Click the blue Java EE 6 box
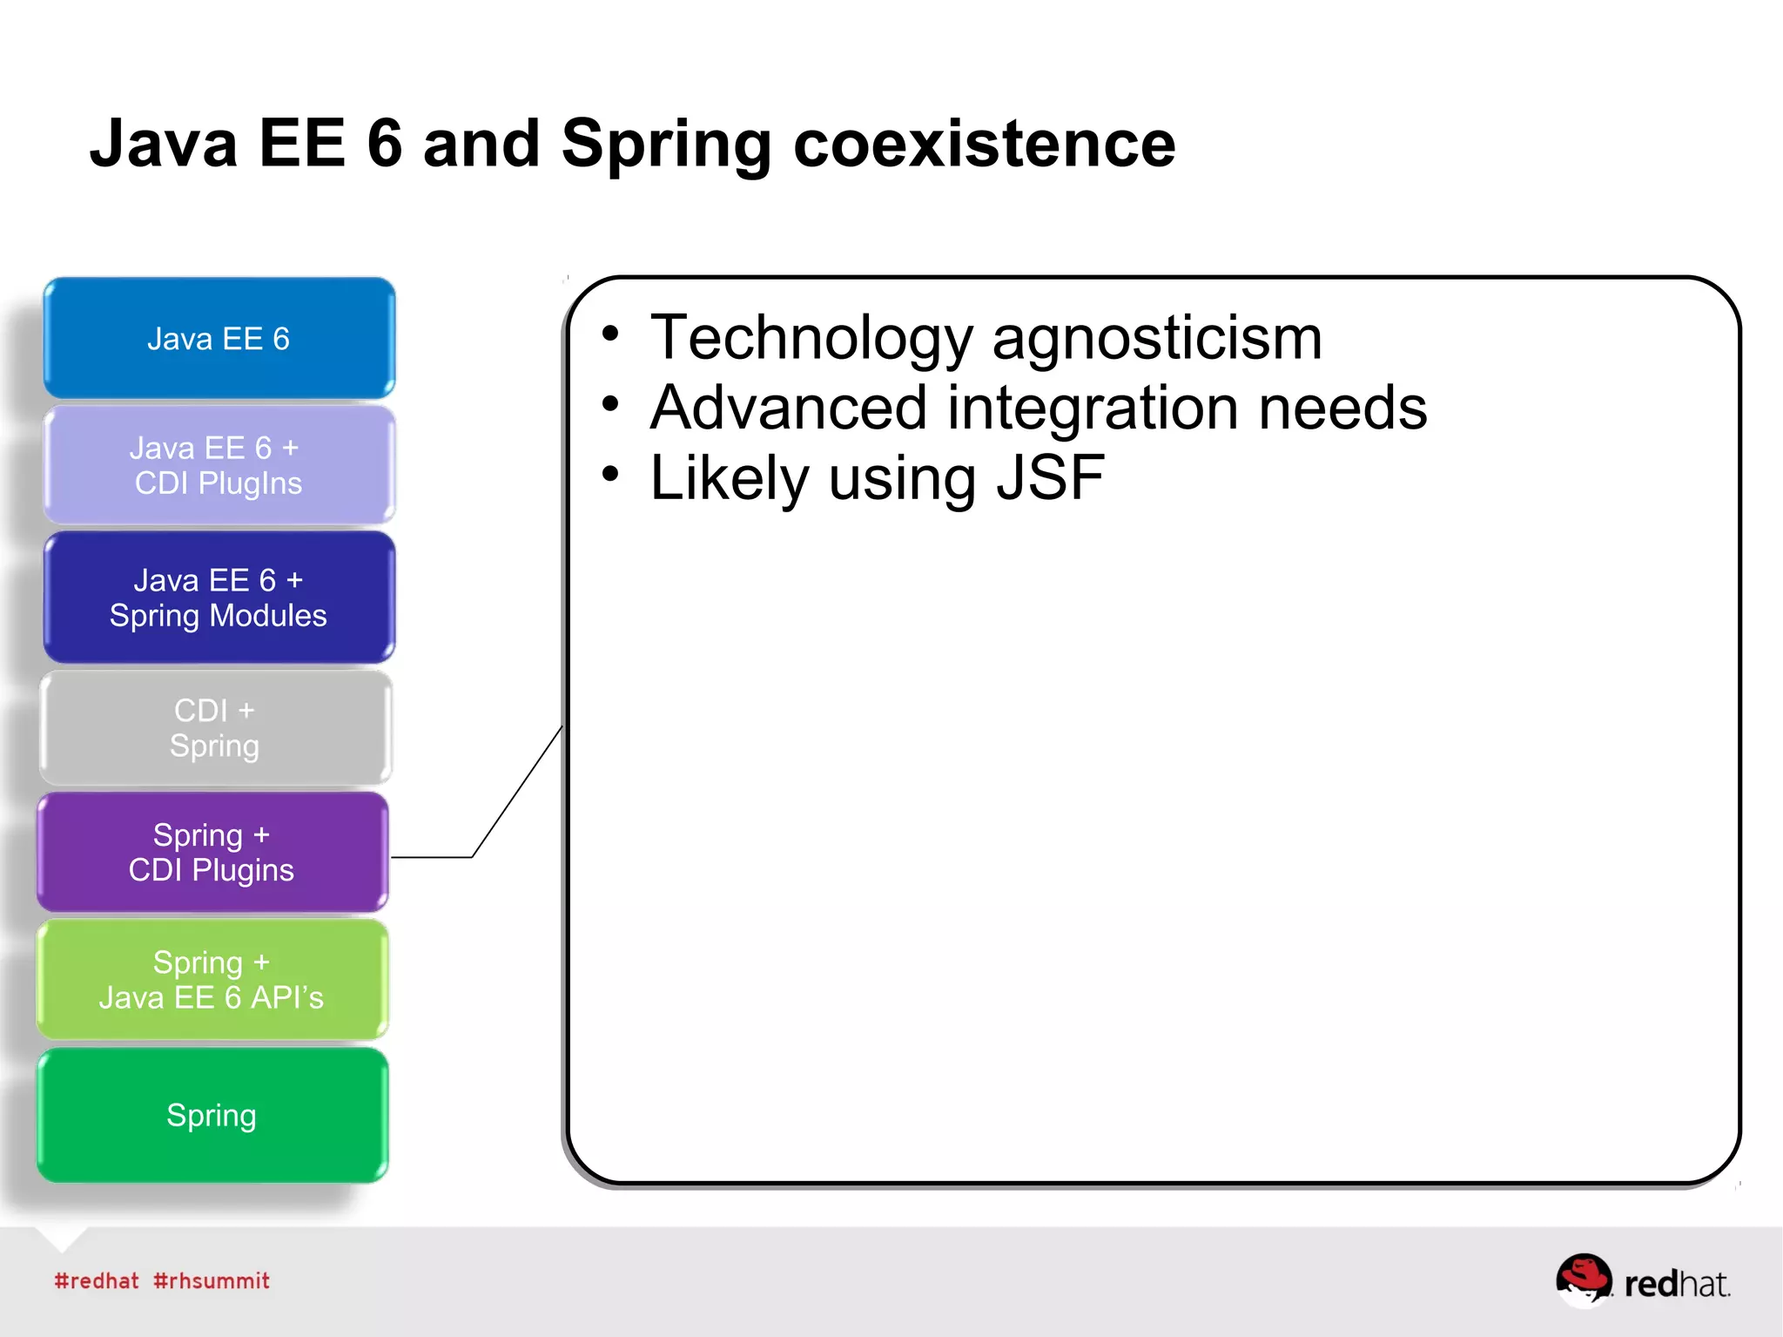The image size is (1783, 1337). [x=219, y=338]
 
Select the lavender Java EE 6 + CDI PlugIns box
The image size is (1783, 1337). [x=219, y=465]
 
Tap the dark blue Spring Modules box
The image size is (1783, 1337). [x=219, y=598]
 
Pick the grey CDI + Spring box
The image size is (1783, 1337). [x=215, y=728]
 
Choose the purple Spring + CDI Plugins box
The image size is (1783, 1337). [x=212, y=852]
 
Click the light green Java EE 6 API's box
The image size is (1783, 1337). [x=212, y=979]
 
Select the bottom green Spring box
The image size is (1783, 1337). [x=212, y=1115]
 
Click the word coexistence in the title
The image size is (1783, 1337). [x=984, y=144]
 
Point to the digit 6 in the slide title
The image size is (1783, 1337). [x=384, y=144]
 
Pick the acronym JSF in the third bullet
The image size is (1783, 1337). [x=1050, y=477]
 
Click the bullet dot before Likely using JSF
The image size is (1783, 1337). [x=611, y=474]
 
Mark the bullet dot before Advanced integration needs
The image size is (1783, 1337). [x=611, y=403]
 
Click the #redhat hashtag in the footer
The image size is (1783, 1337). [x=96, y=1280]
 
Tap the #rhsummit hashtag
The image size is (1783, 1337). [x=211, y=1280]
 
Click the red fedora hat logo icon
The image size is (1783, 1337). [x=1583, y=1279]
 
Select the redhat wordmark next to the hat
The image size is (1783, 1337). [x=1676, y=1284]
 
